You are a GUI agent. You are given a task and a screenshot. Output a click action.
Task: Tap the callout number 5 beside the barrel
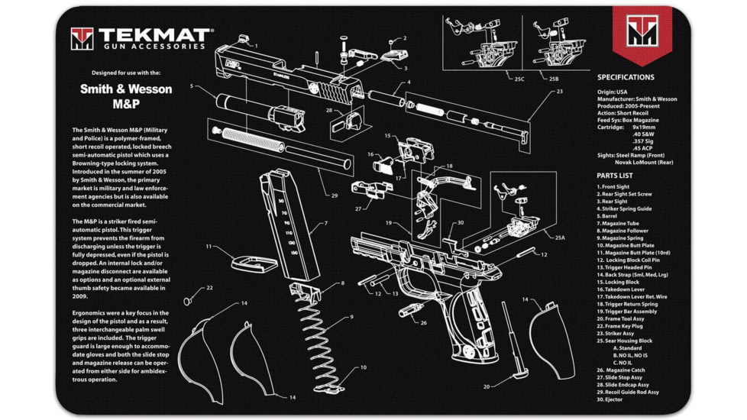(192, 86)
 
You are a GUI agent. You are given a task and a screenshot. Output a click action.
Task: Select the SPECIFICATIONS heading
(625, 77)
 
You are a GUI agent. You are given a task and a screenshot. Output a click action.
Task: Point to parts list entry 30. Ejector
(613, 399)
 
